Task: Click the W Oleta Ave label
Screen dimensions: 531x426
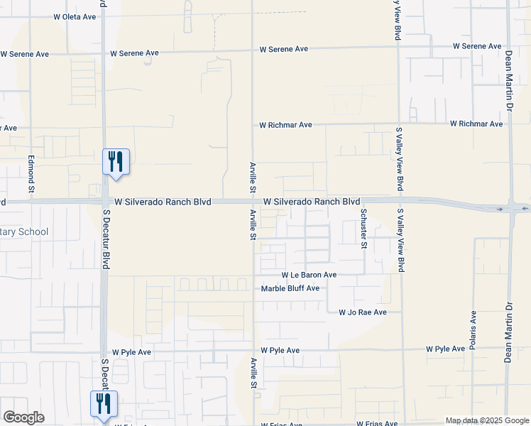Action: [x=75, y=16]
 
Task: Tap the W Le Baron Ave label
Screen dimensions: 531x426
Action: [x=309, y=275]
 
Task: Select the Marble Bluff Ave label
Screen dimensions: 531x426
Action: [x=290, y=288]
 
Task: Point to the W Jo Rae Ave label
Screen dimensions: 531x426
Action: [x=363, y=312]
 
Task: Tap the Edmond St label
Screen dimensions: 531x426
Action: [x=31, y=174]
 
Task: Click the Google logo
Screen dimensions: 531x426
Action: [x=23, y=417]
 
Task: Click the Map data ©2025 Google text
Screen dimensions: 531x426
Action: [x=487, y=421]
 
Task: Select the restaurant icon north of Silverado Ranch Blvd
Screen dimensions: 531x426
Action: [x=116, y=161]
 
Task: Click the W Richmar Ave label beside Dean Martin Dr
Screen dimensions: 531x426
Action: [x=476, y=124]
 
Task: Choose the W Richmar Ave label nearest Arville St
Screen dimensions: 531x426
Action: [x=285, y=125]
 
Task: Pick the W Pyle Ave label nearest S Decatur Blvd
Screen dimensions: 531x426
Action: [x=131, y=351]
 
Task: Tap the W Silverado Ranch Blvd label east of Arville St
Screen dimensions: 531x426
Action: [x=312, y=202]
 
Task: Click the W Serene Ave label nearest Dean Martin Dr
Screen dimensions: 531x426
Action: [x=478, y=46]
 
